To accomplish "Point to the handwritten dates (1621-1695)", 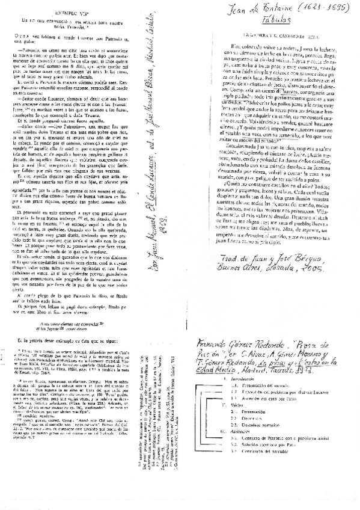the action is pos(325,11).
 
